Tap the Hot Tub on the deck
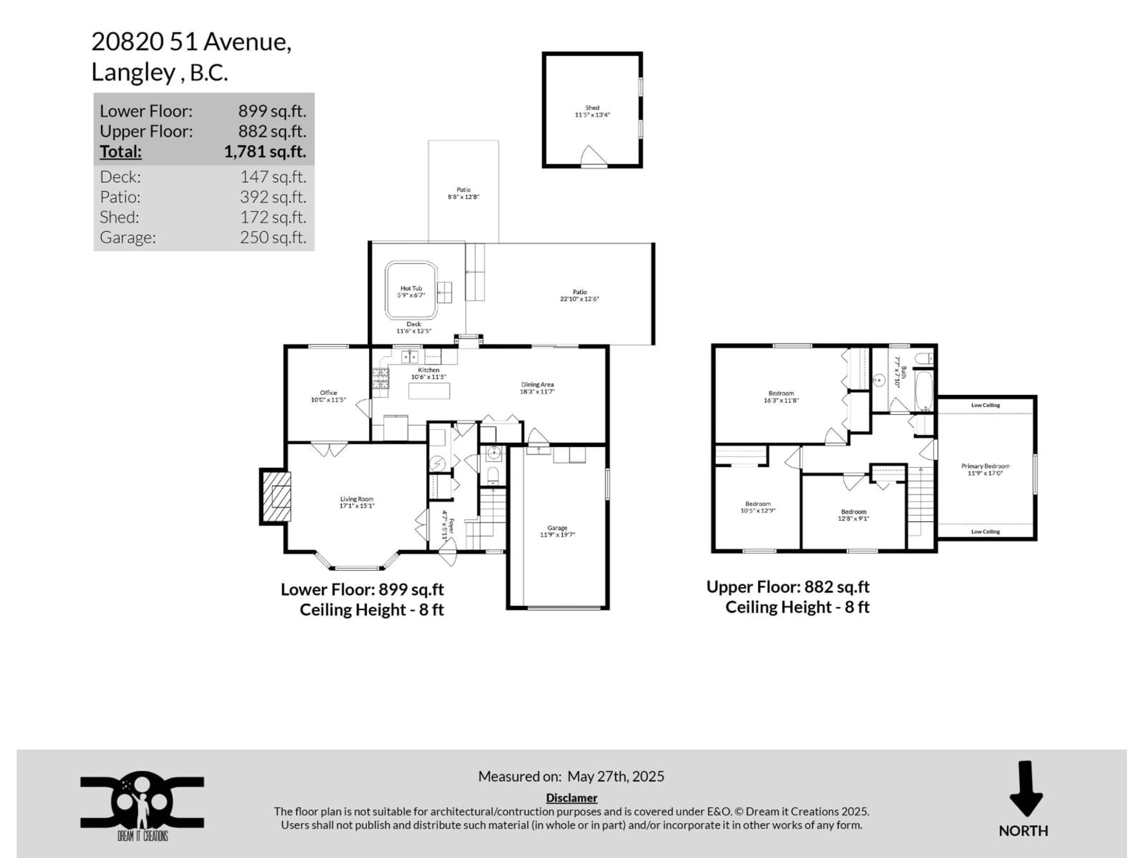pos(411,291)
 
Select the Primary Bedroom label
pos(985,466)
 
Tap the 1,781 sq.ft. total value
pos(265,152)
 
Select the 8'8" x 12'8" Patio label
pos(463,193)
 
